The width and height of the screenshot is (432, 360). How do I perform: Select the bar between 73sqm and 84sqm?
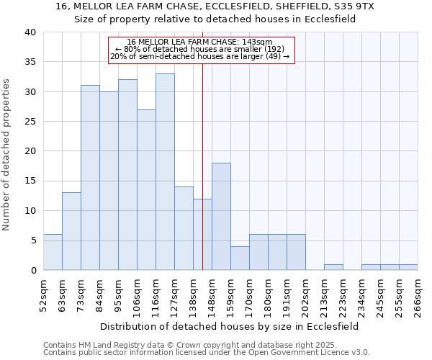(90, 177)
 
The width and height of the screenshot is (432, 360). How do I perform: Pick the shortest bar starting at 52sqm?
(53, 252)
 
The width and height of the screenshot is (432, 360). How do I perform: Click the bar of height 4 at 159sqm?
(240, 258)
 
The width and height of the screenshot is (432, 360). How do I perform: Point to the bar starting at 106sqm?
(146, 189)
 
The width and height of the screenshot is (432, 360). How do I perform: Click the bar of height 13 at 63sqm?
(71, 231)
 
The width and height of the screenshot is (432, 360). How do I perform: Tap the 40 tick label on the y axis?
(30, 32)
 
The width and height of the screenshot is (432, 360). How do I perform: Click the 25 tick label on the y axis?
(30, 122)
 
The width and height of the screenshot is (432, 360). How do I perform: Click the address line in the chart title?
(215, 6)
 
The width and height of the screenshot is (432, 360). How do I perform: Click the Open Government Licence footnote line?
(207, 353)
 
